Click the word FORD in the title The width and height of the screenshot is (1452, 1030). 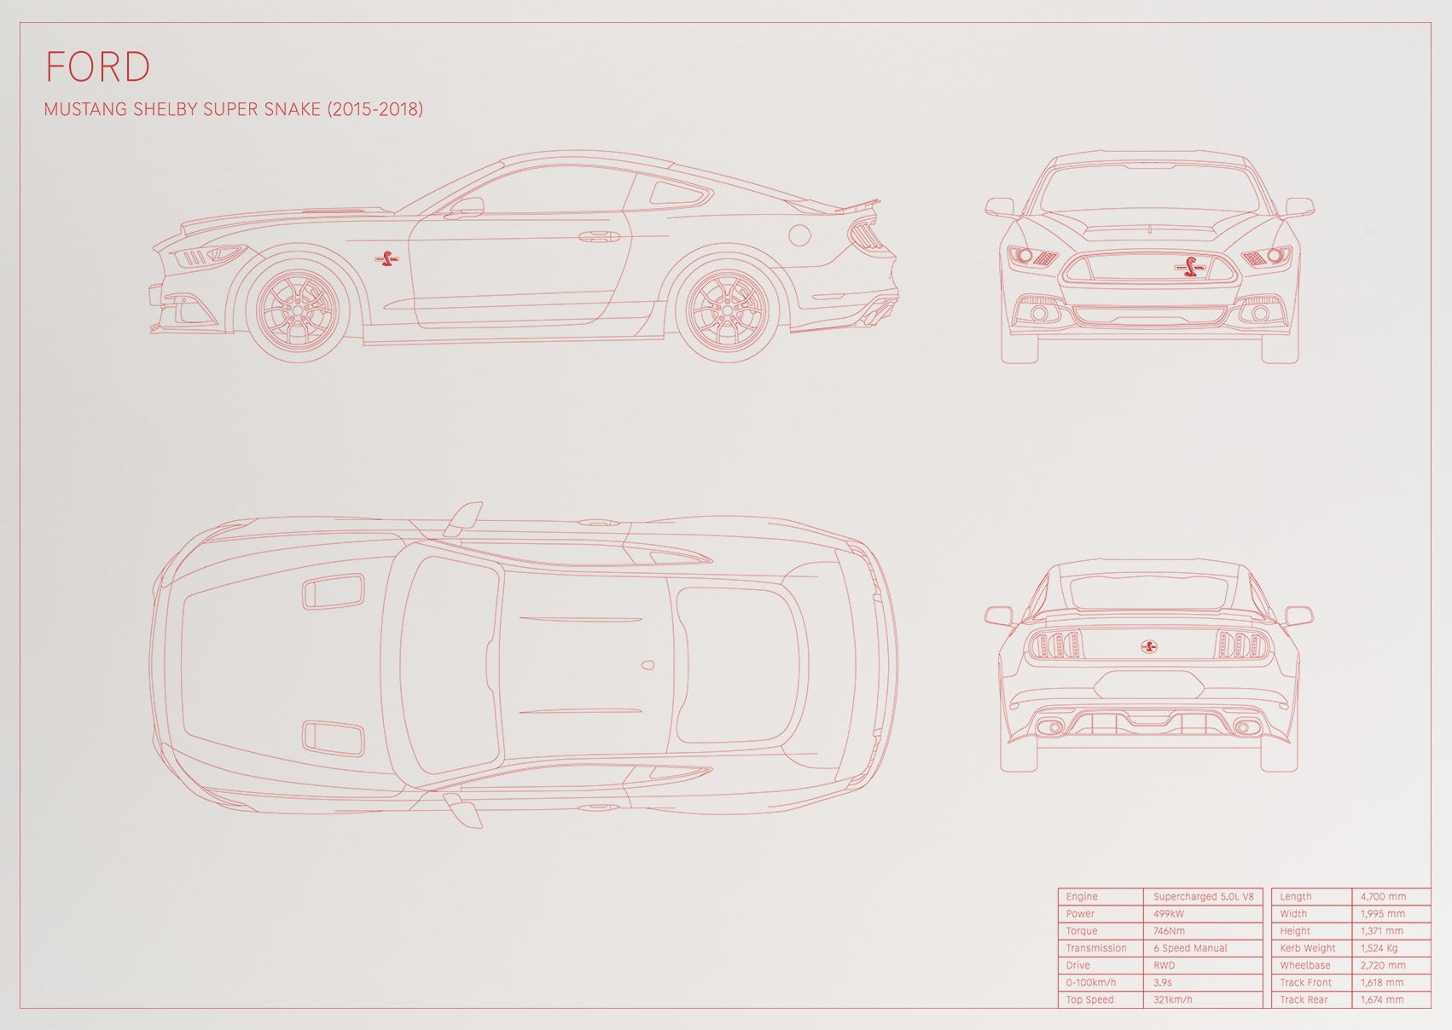click(x=98, y=67)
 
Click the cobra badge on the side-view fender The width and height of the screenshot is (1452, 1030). click(x=387, y=259)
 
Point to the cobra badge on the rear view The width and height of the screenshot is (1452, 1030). click(x=1149, y=645)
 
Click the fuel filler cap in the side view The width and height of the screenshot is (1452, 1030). click(x=800, y=235)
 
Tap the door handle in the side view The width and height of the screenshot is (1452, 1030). click(x=600, y=236)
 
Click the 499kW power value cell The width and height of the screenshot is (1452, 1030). click(x=1169, y=913)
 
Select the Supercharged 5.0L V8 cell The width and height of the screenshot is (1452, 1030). click(x=1203, y=896)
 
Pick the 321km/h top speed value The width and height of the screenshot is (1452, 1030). click(x=1173, y=999)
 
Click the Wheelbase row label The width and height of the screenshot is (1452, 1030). click(x=1305, y=965)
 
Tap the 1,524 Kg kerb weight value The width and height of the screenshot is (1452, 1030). click(x=1379, y=948)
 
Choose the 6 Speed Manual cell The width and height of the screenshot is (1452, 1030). click(x=1190, y=948)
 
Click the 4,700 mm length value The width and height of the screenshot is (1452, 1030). click(x=1383, y=896)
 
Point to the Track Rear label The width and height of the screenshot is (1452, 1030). click(x=1304, y=999)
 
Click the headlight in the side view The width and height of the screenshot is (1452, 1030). click(x=207, y=255)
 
